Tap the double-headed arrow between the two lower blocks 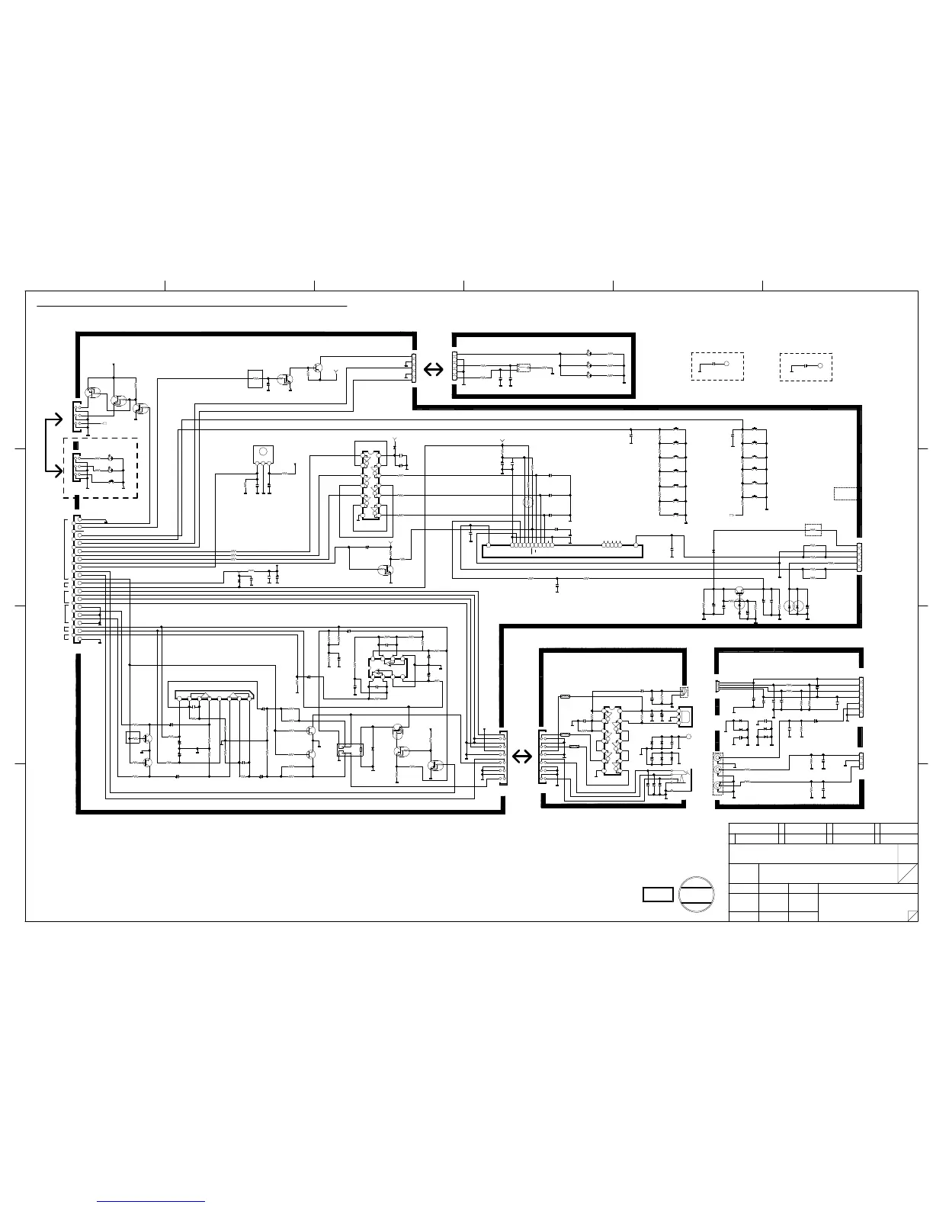(x=522, y=756)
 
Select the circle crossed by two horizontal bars (x=697, y=894)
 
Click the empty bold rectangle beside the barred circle (x=657, y=895)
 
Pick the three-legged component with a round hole (x=263, y=455)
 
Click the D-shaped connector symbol (x=685, y=716)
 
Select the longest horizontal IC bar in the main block (x=560, y=545)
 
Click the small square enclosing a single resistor (x=255, y=377)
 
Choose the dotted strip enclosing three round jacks (x=717, y=770)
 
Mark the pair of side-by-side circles (x=794, y=606)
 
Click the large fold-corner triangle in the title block (x=908, y=875)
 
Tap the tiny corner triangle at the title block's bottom (x=912, y=916)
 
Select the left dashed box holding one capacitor (x=717, y=366)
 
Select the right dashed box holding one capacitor (x=806, y=366)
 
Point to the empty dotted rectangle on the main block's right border (x=845, y=493)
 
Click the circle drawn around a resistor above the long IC (x=527, y=503)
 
